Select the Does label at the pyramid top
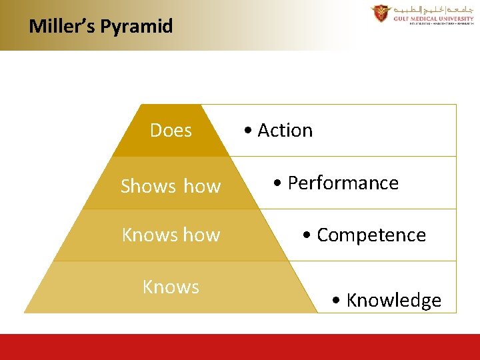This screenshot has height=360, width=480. (171, 131)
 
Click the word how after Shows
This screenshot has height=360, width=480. (202, 186)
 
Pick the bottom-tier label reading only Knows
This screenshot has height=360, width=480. (171, 287)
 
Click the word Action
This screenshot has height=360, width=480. (285, 131)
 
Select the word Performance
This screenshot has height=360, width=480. (343, 183)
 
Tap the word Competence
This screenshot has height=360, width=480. (371, 235)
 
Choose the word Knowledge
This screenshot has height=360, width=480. (393, 301)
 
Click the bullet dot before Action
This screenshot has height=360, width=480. (247, 131)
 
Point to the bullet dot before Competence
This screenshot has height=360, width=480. (307, 236)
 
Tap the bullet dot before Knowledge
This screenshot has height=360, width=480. (336, 301)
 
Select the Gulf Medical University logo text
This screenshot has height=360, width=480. (432, 19)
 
